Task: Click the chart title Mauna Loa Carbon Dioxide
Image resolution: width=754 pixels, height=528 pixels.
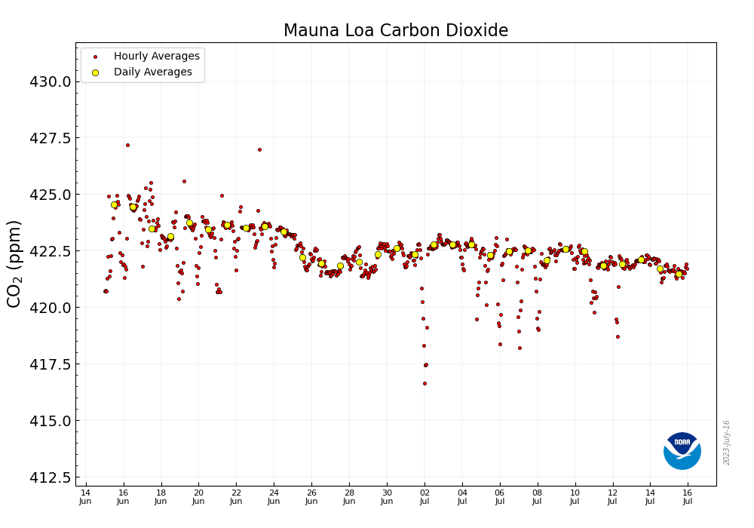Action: click(395, 31)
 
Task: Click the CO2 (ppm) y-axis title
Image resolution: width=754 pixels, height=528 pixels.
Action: click(15, 263)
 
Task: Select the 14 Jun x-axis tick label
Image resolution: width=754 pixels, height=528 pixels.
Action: click(86, 496)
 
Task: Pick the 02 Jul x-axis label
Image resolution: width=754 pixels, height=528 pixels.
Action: click(425, 496)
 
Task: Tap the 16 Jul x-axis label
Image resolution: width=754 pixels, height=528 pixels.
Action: click(688, 496)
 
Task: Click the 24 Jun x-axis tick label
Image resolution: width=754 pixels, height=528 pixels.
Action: click(274, 496)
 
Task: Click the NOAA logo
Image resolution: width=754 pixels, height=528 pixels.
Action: click(682, 451)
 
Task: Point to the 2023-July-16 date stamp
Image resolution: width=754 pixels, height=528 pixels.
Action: click(727, 442)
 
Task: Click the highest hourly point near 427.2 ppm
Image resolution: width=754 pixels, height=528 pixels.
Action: click(127, 145)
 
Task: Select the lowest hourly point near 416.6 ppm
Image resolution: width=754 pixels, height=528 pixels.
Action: click(425, 383)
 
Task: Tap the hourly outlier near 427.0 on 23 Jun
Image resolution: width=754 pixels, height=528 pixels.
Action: click(259, 149)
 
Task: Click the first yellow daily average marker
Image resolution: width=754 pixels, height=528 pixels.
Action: click(115, 204)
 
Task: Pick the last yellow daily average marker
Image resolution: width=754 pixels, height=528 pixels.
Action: click(679, 274)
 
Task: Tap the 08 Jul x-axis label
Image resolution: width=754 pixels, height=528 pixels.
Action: click(538, 496)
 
